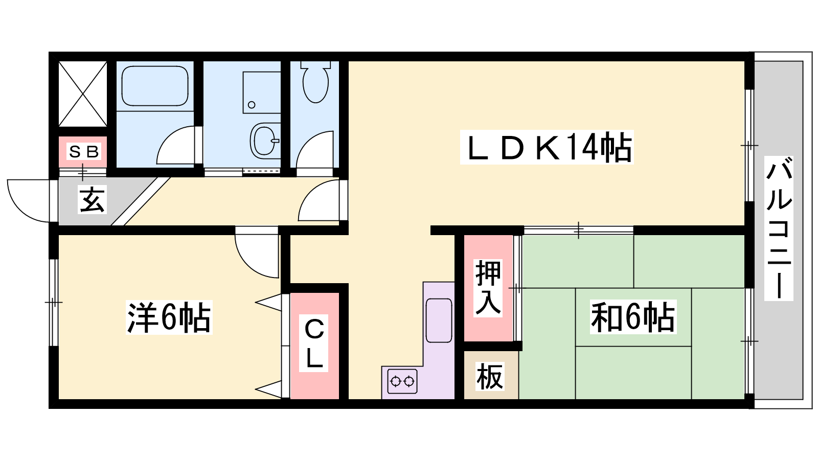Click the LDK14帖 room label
tap(547, 147)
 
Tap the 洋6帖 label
tap(169, 317)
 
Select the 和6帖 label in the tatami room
tap(633, 317)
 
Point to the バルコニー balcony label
tap(779, 228)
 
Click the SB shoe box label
tap(83, 151)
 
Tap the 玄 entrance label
tap(93, 199)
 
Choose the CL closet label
tap(314, 343)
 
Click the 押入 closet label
tap(488, 287)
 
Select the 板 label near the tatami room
tap(490, 377)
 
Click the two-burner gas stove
tap(402, 381)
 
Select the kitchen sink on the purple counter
tap(439, 320)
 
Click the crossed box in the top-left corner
tap(83, 94)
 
